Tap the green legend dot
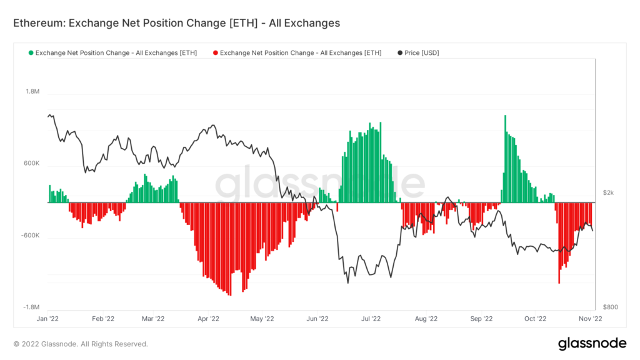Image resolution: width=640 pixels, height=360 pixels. point(31,53)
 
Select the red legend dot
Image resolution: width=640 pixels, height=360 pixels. point(215,53)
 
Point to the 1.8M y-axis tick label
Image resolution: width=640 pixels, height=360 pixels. point(32,92)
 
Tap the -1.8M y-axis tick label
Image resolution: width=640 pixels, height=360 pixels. point(31,307)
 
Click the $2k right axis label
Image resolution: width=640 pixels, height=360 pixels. point(609,193)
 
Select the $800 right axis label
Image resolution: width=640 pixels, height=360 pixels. point(611,307)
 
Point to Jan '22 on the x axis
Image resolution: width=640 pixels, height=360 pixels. point(49,319)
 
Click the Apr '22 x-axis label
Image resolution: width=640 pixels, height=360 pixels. point(207,319)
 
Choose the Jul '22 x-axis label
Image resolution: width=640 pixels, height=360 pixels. point(371,319)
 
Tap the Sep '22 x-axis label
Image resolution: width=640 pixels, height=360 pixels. point(481,319)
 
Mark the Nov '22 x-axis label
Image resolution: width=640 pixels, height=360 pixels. point(589,319)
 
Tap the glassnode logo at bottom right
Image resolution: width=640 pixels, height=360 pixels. point(592,343)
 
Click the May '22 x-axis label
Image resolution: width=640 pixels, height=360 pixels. point(262,319)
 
